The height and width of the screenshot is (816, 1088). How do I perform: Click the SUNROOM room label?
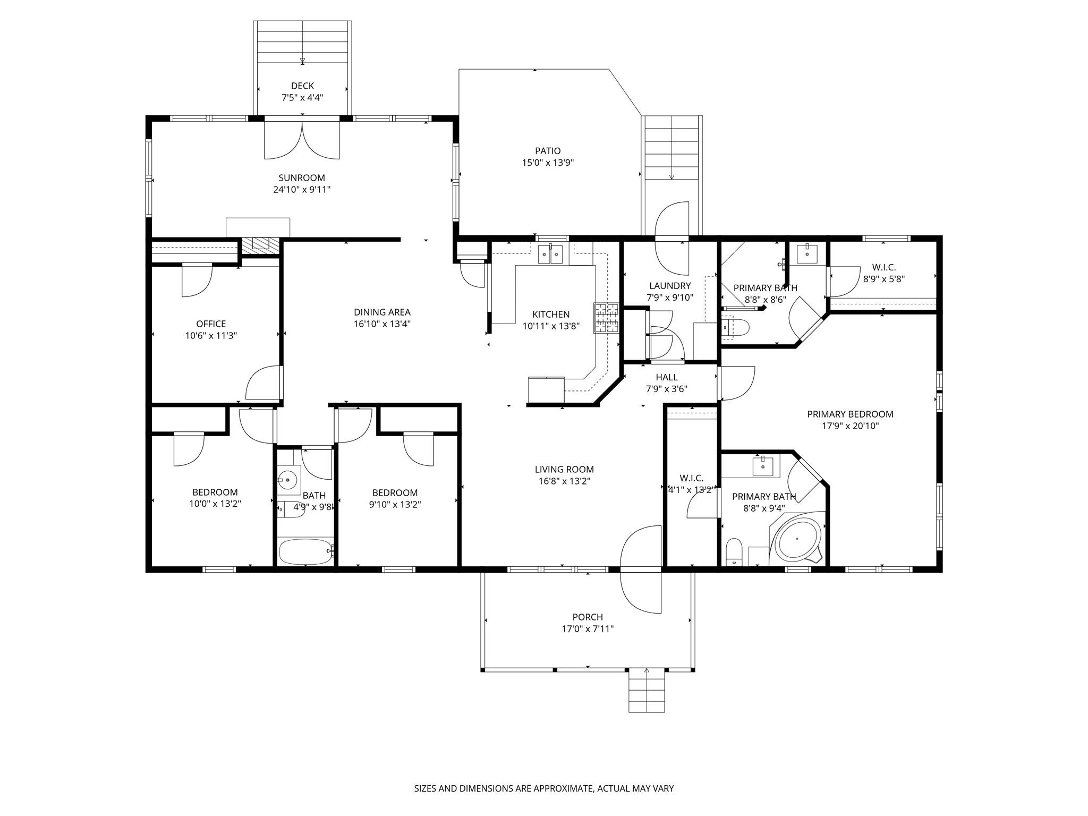tap(302, 178)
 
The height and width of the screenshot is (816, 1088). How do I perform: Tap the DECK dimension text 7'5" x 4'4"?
tap(302, 98)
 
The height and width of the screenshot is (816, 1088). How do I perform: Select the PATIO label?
tap(548, 151)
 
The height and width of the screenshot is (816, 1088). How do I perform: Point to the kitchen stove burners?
tap(607, 318)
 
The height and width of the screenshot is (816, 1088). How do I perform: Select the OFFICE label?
tap(211, 324)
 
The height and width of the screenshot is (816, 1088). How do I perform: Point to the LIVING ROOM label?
tap(564, 470)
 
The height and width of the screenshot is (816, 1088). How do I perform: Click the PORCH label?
tap(588, 617)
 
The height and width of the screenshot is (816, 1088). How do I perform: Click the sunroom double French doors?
tap(302, 140)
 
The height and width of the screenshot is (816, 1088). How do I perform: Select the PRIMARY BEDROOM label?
tap(850, 414)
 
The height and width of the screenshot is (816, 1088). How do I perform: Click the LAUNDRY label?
tap(670, 286)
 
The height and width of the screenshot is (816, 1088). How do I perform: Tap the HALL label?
tap(666, 377)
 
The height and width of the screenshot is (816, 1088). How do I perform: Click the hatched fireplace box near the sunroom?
tap(260, 245)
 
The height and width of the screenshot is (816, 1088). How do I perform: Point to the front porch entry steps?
tap(647, 690)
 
